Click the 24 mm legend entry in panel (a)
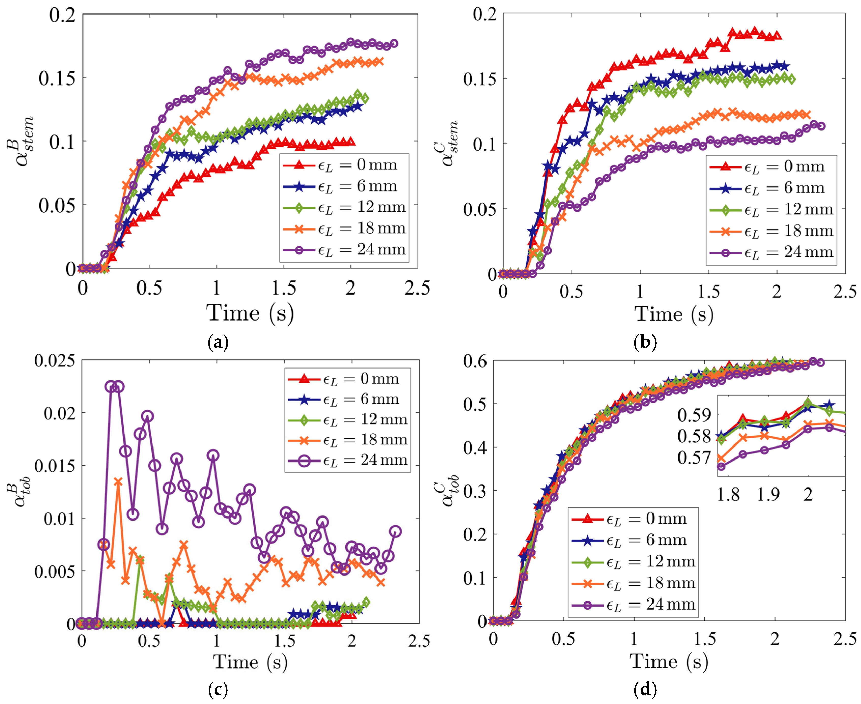click(x=344, y=250)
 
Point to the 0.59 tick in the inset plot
click(x=695, y=415)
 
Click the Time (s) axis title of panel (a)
click(x=250, y=313)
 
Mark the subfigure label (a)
click(x=218, y=343)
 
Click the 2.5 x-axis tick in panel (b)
click(x=845, y=292)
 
